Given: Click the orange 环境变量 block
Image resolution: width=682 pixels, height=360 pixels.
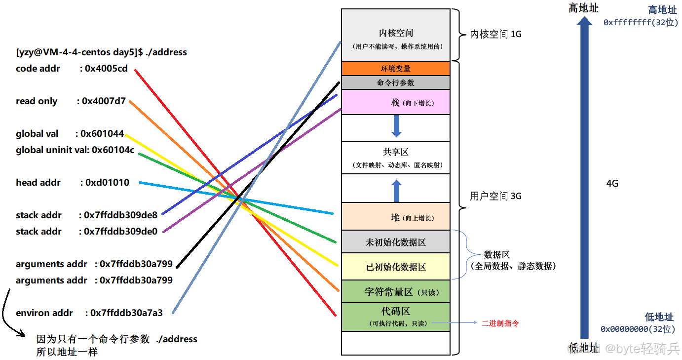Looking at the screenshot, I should pos(395,68).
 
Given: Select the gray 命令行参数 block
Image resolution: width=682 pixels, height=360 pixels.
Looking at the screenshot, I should pos(395,82).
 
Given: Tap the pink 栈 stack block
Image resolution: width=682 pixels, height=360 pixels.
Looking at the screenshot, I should pos(395,102).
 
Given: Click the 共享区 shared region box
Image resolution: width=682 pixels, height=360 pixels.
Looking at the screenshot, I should pos(395,158).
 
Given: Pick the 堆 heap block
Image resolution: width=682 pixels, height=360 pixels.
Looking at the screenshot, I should pos(395,217).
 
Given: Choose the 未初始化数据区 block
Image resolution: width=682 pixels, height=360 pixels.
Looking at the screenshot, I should pos(395,242).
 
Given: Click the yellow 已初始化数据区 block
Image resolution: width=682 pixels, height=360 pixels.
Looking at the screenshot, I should pos(395,267).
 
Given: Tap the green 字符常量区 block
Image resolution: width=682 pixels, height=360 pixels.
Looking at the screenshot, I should pos(395,292).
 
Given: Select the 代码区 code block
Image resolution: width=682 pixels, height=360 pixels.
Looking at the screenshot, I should pos(395,317).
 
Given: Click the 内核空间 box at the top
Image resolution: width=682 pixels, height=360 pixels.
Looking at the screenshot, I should pos(395,35).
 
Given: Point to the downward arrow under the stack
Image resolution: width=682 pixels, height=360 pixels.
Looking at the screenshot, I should pos(396,126).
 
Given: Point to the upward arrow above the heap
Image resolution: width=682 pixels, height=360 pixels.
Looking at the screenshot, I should pos(396,190).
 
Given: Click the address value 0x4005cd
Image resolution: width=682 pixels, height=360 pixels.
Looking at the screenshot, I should pos(106,69).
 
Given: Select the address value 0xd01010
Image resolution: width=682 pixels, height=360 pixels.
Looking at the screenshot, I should pos(107,183).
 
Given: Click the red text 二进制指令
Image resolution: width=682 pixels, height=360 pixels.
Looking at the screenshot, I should pos(500,323).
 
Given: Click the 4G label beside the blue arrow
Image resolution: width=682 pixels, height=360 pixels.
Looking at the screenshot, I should pos(612,184).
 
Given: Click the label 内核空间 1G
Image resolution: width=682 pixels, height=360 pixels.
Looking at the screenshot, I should pos(495,34).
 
